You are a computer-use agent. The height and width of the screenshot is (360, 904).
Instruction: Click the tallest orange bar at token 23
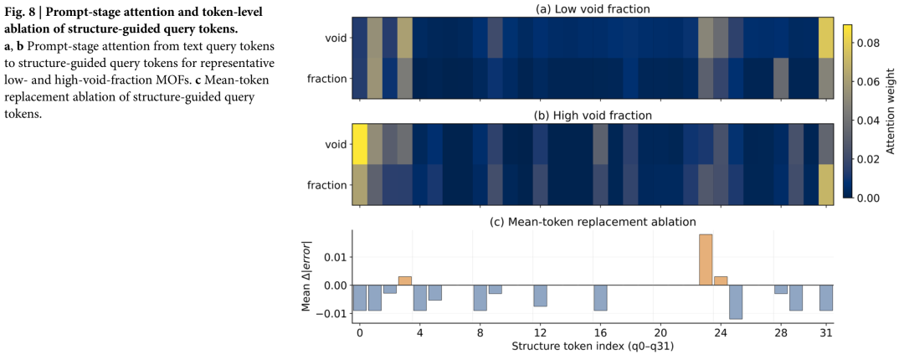[x=706, y=260]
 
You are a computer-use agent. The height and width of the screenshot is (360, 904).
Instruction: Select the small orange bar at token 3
[x=405, y=281]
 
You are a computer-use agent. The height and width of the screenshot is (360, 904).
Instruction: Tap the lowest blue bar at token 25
[x=736, y=301]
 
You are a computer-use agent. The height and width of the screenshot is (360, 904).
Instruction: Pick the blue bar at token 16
[x=600, y=298]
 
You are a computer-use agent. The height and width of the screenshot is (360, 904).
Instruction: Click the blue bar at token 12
[x=540, y=296]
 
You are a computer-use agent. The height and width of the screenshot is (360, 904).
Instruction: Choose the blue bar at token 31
[x=825, y=298]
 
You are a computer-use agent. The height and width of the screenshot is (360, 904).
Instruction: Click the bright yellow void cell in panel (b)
[x=360, y=144]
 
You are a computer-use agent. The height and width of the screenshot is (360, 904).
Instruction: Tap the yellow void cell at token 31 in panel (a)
[x=825, y=38]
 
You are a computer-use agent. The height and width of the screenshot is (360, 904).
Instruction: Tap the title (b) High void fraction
[x=593, y=115]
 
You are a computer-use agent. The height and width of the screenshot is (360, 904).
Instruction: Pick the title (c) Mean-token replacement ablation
[x=593, y=221]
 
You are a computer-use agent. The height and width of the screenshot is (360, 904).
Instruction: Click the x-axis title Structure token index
[x=593, y=348]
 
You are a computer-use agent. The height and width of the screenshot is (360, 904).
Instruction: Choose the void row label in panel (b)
[x=335, y=145]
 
